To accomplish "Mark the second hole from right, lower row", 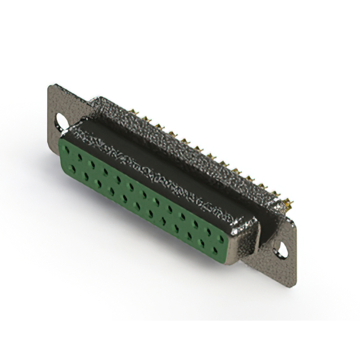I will click(201, 241).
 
